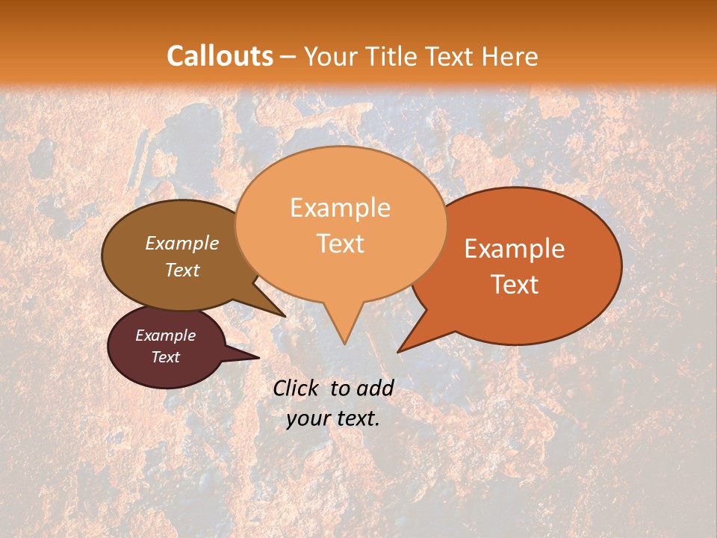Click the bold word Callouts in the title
coord(220,56)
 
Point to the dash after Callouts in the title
coord(289,57)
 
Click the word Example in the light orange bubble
coord(340,208)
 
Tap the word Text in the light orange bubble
coord(340,244)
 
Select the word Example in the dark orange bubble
coord(515,249)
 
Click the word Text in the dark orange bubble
coord(515,285)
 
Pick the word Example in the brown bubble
coord(182,244)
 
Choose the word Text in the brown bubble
coord(182,270)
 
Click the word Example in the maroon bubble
coord(165,336)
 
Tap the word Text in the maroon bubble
coord(165,357)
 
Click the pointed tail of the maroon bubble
coord(257,357)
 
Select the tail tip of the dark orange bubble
coord(400,350)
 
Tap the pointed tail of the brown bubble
coord(283,315)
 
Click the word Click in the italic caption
coord(297,388)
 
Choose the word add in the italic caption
coord(375,388)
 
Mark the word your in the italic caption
coord(306,418)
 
